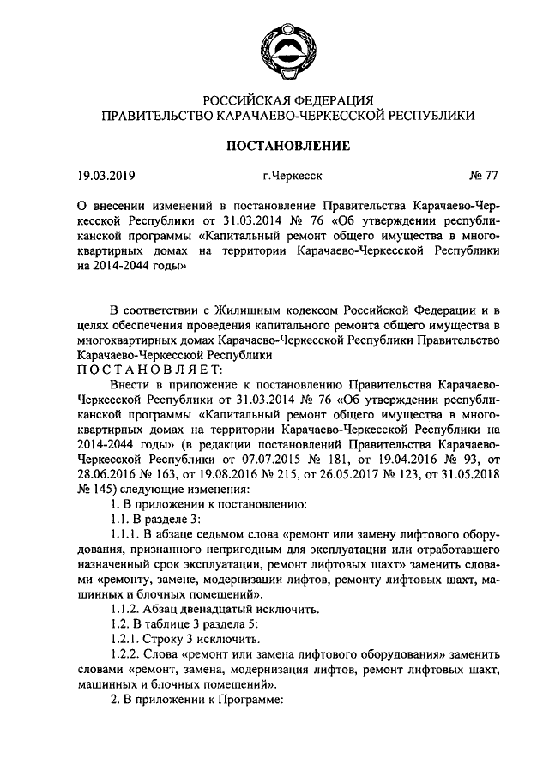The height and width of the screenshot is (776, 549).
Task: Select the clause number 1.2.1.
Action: coord(127,640)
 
